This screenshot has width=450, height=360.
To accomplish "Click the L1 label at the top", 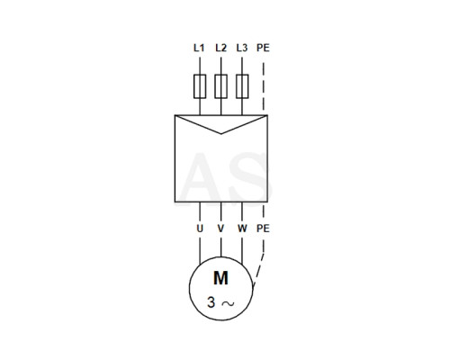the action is (199, 48).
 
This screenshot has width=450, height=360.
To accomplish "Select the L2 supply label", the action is (220, 48).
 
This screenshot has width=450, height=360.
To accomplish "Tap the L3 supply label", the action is (242, 48).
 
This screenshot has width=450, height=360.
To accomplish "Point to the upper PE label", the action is (263, 48).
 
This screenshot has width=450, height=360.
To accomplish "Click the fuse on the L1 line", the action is (200, 86).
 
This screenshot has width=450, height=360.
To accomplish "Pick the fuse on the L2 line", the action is (220, 86).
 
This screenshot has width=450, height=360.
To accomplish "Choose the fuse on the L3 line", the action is (242, 86).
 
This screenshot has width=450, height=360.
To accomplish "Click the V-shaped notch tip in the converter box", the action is (221, 133).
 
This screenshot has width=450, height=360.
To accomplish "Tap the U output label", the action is (200, 229).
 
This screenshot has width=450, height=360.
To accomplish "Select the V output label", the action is (220, 229).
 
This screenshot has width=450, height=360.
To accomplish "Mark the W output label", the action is (242, 229).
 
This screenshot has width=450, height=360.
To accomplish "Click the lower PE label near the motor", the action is (263, 229).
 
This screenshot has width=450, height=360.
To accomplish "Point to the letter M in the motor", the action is (220, 278).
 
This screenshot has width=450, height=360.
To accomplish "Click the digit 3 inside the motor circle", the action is (211, 302).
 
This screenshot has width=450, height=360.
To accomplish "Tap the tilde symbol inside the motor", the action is (228, 303).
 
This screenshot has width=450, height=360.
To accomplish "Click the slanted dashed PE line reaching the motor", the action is (258, 270).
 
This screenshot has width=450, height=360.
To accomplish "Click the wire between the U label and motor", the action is (200, 250).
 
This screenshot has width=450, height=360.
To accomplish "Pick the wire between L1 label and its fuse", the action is (200, 66).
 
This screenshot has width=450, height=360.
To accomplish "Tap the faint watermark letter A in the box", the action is (202, 177).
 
